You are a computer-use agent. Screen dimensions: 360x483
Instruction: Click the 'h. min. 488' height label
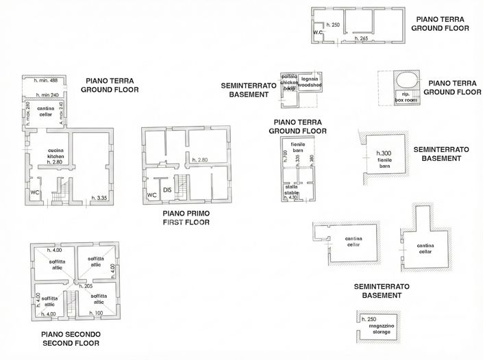tap(46, 81)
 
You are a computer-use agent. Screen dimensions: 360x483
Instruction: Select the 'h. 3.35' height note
tap(101, 198)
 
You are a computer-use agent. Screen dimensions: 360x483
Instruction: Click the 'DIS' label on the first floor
tap(166, 190)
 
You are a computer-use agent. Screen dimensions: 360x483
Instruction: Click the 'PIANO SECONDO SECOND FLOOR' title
tap(72, 338)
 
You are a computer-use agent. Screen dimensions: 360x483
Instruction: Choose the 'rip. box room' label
tap(405, 97)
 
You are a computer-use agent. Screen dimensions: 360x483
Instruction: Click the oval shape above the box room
tap(405, 79)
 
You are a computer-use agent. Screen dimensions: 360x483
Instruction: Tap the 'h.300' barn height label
tap(383, 153)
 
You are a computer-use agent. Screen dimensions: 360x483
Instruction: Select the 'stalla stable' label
tap(292, 189)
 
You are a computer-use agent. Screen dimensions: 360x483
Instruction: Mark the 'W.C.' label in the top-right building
tap(318, 32)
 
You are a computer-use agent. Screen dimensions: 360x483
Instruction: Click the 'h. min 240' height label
tap(46, 94)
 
